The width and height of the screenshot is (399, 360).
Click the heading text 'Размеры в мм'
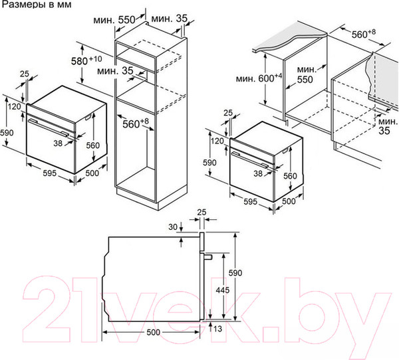coord(37,5)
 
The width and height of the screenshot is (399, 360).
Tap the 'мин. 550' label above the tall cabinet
coord(114,20)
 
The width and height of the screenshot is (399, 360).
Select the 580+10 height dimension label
coord(86,60)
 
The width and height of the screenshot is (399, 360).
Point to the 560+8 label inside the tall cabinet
coord(136,124)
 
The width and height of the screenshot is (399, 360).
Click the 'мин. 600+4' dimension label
coord(259,78)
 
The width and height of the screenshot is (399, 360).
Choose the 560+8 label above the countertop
coord(364,34)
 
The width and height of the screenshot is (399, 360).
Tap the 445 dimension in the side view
coord(222,290)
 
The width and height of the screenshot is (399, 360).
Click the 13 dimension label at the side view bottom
coord(218,329)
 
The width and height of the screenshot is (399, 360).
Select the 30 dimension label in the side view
coord(173,226)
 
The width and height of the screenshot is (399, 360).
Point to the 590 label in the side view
coord(235,273)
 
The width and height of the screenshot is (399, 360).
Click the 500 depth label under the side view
coord(154,332)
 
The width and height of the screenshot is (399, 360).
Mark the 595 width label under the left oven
coord(49,173)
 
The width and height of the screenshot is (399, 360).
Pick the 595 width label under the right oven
coord(251,202)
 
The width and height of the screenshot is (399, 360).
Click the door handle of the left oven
coord(49,128)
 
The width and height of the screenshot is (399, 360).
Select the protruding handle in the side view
coord(207,257)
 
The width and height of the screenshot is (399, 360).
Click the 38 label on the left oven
coord(58,143)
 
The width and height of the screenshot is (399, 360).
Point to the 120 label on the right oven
coord(217,141)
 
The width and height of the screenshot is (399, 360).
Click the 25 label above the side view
coord(201,212)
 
